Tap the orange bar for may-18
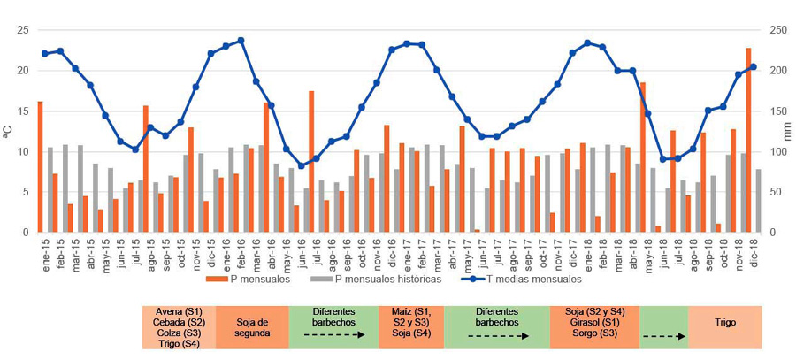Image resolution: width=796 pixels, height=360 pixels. point(643,157)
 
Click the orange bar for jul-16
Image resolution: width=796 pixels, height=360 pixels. point(311,161)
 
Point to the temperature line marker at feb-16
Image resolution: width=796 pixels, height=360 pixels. point(241,41)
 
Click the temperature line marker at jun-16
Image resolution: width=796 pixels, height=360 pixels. point(301,165)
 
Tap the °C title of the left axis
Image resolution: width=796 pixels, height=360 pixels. point(8,131)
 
